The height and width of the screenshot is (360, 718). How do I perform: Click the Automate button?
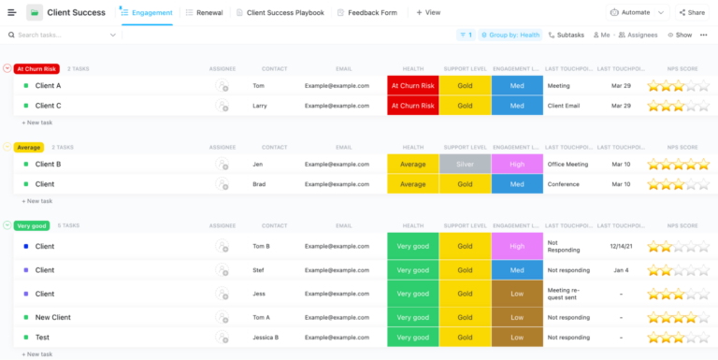click(x=638, y=13)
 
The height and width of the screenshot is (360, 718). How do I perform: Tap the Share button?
click(x=691, y=13)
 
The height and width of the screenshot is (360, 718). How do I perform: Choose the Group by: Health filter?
click(x=510, y=35)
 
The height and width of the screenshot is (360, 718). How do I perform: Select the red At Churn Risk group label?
click(x=36, y=68)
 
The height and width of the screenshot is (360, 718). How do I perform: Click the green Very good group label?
click(x=31, y=225)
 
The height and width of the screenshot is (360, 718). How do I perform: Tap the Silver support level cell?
click(x=465, y=164)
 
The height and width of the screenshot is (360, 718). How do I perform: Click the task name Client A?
click(x=48, y=86)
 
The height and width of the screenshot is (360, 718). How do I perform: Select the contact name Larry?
click(x=262, y=106)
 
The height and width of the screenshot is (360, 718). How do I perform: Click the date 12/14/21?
click(x=621, y=247)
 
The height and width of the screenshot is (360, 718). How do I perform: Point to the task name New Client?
click(x=52, y=317)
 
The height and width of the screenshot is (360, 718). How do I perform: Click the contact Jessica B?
click(x=266, y=337)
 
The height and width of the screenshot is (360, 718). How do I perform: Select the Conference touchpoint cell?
click(x=564, y=184)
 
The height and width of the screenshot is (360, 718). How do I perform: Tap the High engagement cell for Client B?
click(x=516, y=164)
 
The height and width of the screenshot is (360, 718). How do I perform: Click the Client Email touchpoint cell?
click(x=565, y=106)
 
